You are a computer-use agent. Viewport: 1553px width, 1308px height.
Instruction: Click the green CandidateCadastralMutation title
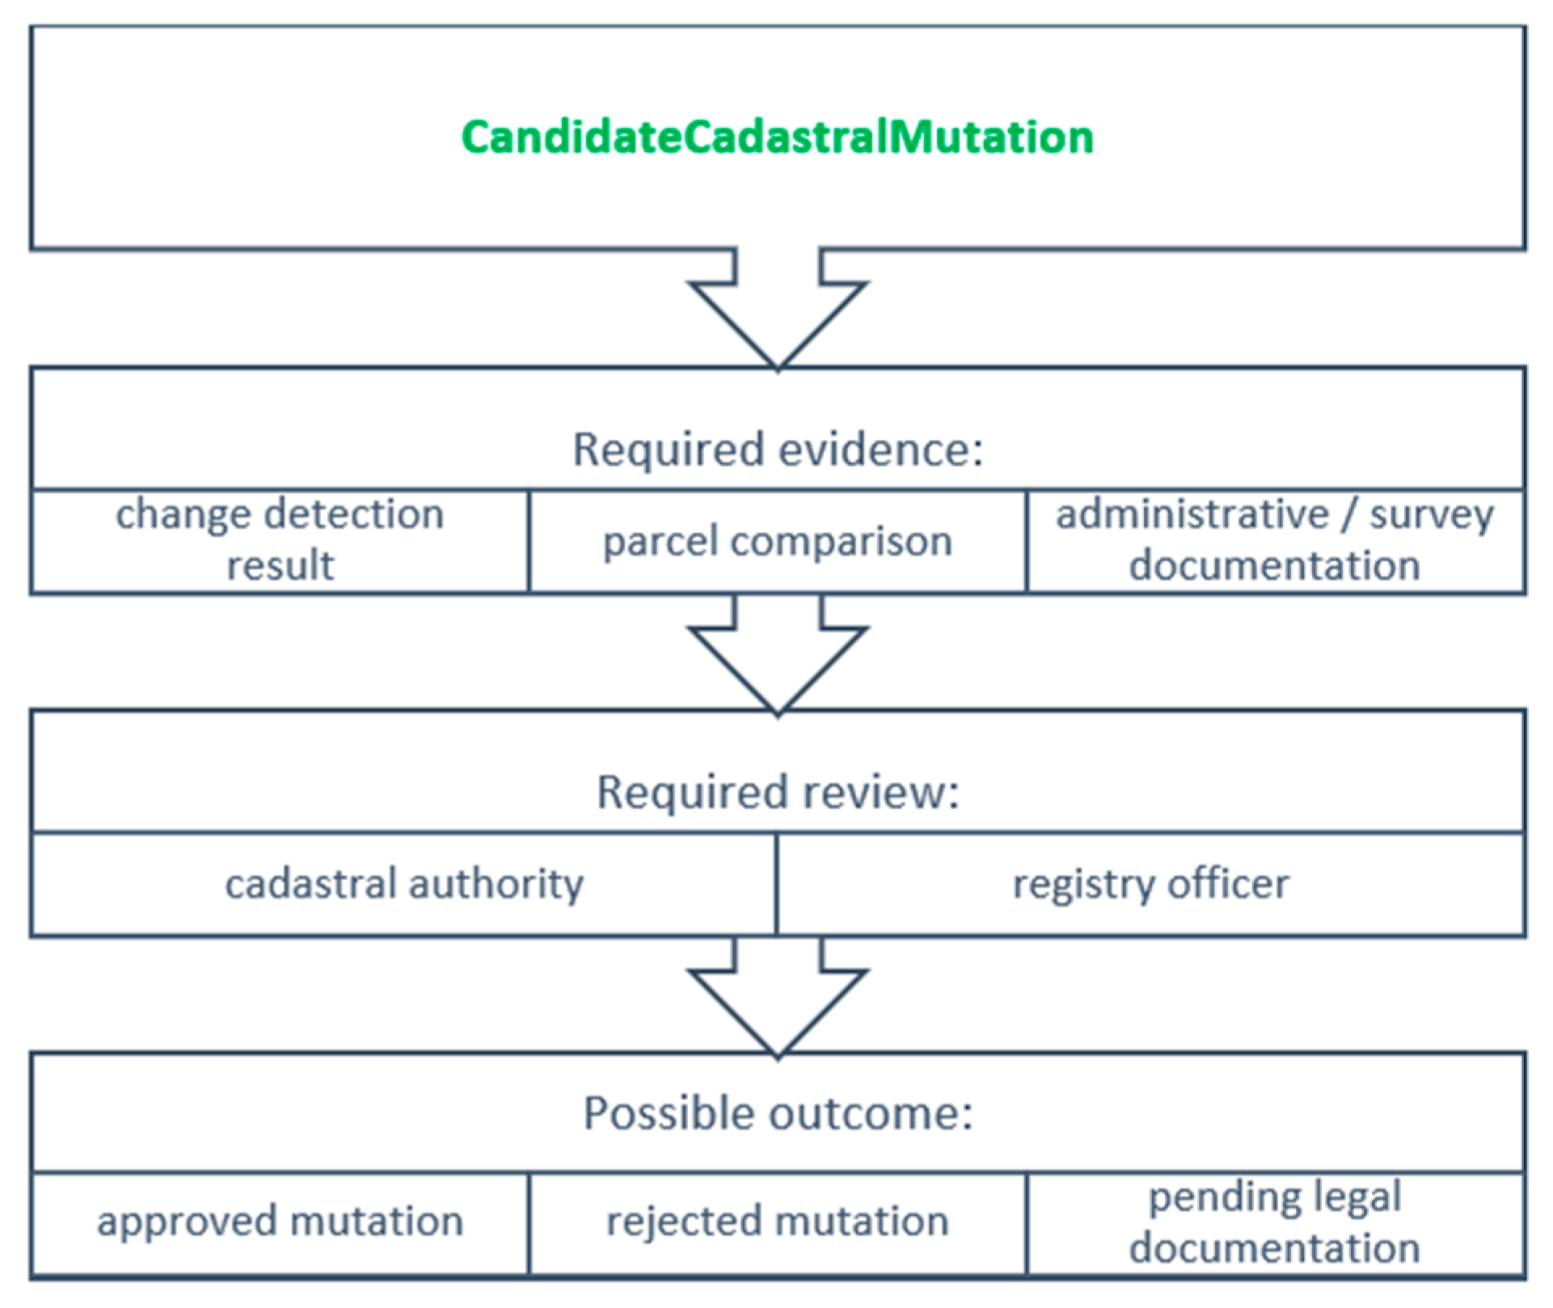click(x=777, y=136)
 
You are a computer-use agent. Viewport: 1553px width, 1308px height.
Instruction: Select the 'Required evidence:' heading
click(x=778, y=449)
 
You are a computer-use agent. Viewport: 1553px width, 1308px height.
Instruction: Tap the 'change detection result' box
click(x=280, y=541)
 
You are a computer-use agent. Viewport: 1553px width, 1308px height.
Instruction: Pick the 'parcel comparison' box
click(x=778, y=541)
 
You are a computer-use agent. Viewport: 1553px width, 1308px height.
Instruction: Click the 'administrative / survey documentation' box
click(x=1276, y=541)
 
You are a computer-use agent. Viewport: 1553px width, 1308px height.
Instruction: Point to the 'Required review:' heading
click(x=778, y=791)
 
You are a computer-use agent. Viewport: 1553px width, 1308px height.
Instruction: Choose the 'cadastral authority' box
click(x=404, y=884)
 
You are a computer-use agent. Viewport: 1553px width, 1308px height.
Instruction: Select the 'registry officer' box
click(x=1151, y=884)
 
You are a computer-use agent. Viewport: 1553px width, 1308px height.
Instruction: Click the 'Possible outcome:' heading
click(x=778, y=1113)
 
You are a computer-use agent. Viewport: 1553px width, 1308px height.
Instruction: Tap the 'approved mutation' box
click(x=280, y=1223)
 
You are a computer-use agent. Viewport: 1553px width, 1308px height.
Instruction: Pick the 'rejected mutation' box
click(x=778, y=1223)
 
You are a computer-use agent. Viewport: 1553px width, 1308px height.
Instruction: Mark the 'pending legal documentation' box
click(x=1276, y=1223)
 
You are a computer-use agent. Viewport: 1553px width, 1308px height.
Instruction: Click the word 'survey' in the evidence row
click(x=1432, y=515)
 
